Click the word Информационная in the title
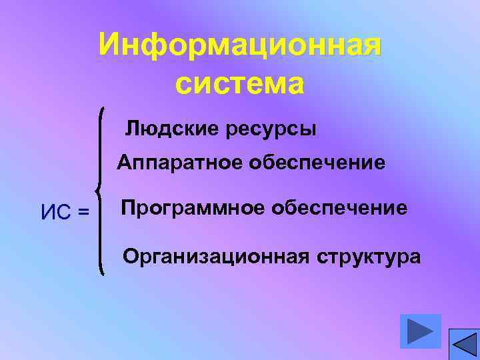(240, 46)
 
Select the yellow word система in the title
(240, 84)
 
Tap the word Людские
(167, 128)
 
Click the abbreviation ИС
(57, 213)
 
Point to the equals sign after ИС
(83, 213)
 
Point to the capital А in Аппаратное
(124, 163)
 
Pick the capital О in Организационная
(131, 257)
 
